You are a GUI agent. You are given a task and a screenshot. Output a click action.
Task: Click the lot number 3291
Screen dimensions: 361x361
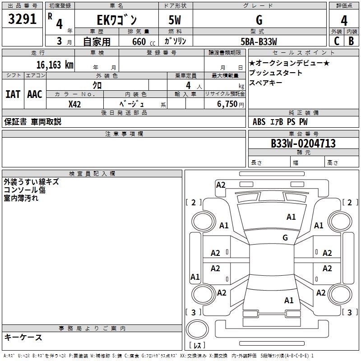click(23, 20)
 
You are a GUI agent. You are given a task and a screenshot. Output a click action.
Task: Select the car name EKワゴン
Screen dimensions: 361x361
click(117, 20)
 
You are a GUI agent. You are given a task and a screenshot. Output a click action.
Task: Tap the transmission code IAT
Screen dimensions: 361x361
click(13, 94)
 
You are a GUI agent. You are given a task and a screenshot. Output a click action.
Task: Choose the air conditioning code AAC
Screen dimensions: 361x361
click(34, 94)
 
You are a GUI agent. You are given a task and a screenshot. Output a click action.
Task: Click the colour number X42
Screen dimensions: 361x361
click(75, 104)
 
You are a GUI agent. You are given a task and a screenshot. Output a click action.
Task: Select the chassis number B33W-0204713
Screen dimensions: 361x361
click(303, 143)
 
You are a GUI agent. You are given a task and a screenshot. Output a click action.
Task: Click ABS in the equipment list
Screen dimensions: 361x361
click(259, 122)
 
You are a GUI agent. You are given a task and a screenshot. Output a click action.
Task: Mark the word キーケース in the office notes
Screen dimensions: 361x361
click(23, 337)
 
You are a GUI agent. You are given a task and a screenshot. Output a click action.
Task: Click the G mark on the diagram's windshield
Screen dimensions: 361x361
click(285, 238)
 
